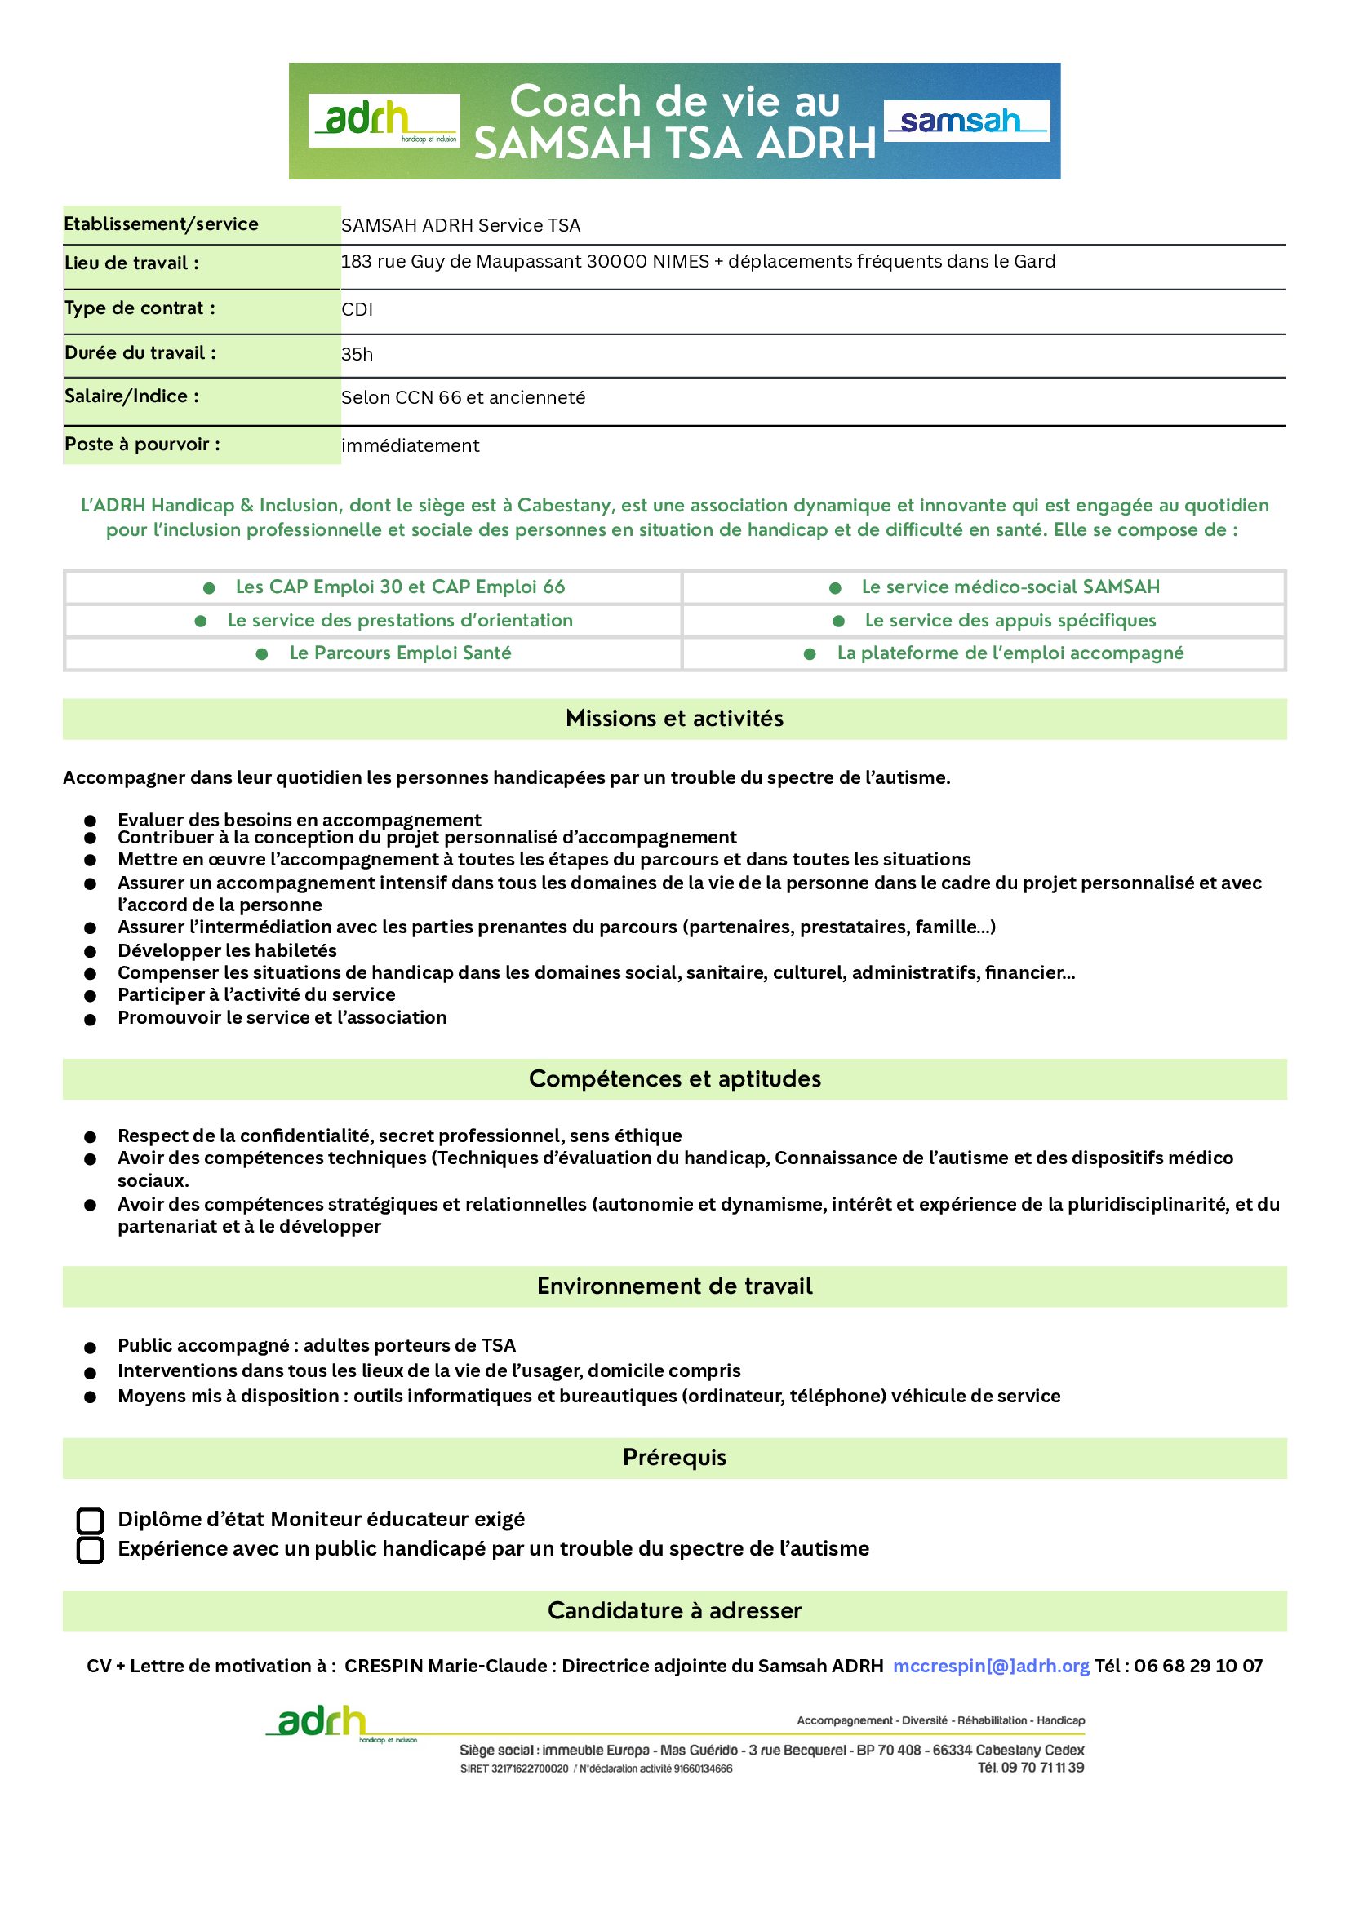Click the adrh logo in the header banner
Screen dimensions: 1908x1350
[x=384, y=121]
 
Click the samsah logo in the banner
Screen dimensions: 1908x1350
[x=966, y=122]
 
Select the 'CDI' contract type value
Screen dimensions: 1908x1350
[x=357, y=309]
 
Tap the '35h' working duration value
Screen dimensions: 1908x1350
[x=357, y=354]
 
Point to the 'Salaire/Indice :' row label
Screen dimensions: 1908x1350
[x=131, y=396]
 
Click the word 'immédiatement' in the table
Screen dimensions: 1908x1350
[x=410, y=445]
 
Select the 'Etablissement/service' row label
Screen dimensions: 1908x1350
[x=162, y=224]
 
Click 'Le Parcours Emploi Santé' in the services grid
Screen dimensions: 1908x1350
[x=400, y=653]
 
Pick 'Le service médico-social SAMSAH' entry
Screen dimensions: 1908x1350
[x=1009, y=587]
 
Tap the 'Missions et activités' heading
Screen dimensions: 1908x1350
[x=674, y=719]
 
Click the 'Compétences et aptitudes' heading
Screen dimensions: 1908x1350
[x=674, y=1078]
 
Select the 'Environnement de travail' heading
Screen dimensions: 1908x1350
[x=674, y=1286]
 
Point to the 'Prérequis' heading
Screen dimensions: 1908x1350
[x=674, y=1458]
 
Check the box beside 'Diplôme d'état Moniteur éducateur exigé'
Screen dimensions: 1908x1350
[x=90, y=1521]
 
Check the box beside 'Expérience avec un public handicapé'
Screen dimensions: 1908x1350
[x=90, y=1550]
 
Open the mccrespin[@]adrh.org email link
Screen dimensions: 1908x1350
[x=990, y=1667]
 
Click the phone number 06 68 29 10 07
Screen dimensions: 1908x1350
[x=1198, y=1667]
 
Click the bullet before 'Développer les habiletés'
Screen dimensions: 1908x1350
[x=90, y=951]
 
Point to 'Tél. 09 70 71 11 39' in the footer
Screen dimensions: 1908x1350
[x=1030, y=1768]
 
